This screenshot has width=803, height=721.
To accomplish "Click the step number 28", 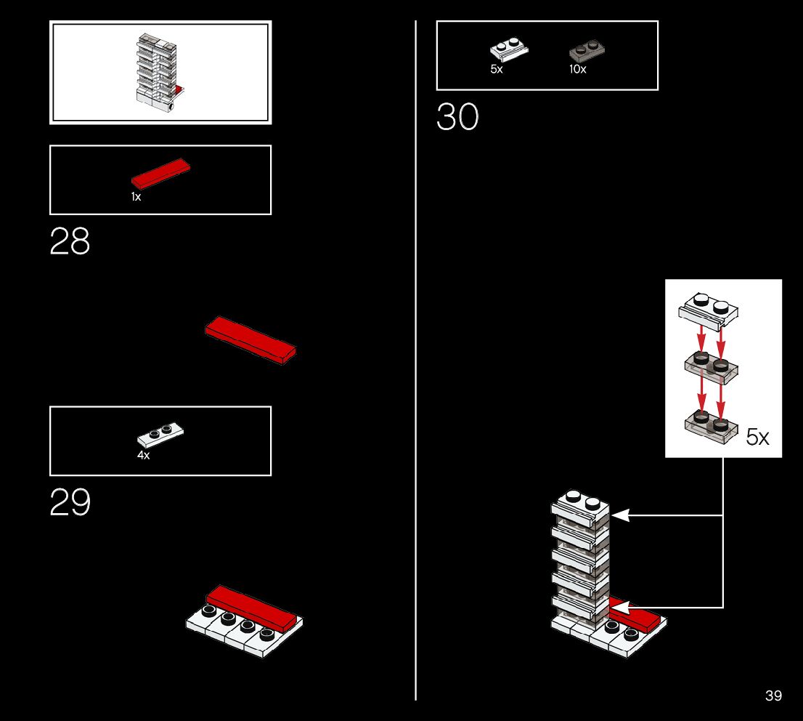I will coord(70,242).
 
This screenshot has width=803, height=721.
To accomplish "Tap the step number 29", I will coord(70,502).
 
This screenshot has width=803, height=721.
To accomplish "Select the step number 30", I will coord(457,117).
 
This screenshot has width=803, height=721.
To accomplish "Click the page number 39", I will coord(773,696).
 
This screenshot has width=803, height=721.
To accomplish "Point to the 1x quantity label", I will coord(136,197).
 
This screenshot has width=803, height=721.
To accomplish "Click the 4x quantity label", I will coord(143,455).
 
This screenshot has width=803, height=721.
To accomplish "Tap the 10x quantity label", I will coord(577,70).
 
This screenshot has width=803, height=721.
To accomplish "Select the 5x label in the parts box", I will coord(496,70).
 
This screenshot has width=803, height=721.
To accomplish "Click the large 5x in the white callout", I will coord(757,437).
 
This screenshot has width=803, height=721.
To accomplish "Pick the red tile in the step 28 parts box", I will coord(160,173).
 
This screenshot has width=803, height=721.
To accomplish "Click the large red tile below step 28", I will coord(250,339).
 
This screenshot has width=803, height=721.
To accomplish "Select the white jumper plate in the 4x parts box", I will coord(160,434).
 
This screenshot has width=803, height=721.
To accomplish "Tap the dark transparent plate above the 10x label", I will coord(588,50).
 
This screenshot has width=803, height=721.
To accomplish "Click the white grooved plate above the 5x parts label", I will coord(509,49).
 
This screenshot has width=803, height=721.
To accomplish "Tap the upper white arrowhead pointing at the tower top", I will coord(620,515).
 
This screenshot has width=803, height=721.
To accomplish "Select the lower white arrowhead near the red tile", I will coord(620,607).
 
